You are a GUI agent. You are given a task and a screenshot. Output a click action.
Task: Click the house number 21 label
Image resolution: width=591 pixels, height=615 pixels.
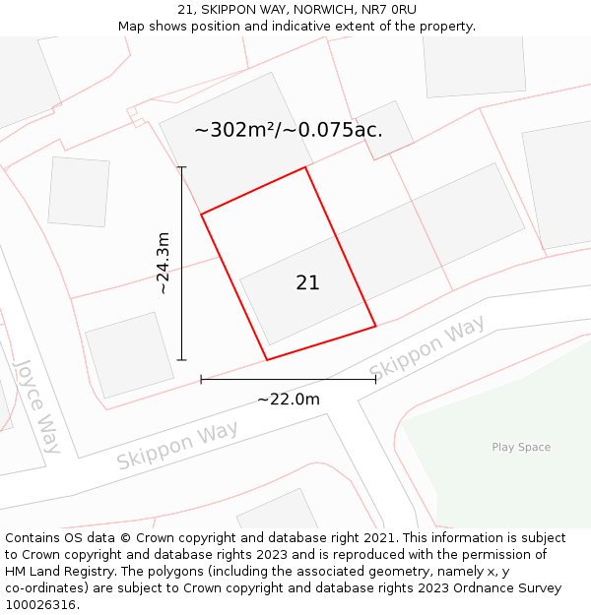(x=307, y=282)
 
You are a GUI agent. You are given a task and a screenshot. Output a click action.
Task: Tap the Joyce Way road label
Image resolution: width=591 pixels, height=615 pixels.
(x=38, y=405)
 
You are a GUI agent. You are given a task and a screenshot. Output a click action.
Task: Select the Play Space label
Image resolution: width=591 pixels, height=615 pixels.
(x=521, y=448)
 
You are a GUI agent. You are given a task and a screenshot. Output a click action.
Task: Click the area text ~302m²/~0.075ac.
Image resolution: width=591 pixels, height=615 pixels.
(x=289, y=130)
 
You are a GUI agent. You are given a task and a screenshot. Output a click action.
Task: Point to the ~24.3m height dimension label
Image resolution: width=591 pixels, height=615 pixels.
(x=164, y=264)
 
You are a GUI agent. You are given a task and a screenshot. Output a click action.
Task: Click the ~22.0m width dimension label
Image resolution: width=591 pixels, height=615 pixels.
(x=289, y=400)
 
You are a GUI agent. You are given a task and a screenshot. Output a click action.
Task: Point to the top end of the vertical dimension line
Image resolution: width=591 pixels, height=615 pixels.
(x=182, y=168)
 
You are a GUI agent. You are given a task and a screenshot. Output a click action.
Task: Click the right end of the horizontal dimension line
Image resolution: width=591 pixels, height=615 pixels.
(x=375, y=379)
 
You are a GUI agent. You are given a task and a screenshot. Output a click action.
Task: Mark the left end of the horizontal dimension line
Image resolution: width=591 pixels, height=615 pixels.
(x=201, y=379)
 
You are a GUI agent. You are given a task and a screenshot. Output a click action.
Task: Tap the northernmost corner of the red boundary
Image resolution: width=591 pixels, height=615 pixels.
(x=305, y=167)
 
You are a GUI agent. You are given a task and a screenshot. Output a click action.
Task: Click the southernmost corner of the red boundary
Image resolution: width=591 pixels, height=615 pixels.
(x=267, y=359)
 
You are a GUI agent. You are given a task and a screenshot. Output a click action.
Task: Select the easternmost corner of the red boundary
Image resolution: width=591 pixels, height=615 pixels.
(x=375, y=326)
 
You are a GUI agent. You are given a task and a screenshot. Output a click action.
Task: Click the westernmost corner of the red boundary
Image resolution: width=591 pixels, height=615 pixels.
(x=201, y=214)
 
